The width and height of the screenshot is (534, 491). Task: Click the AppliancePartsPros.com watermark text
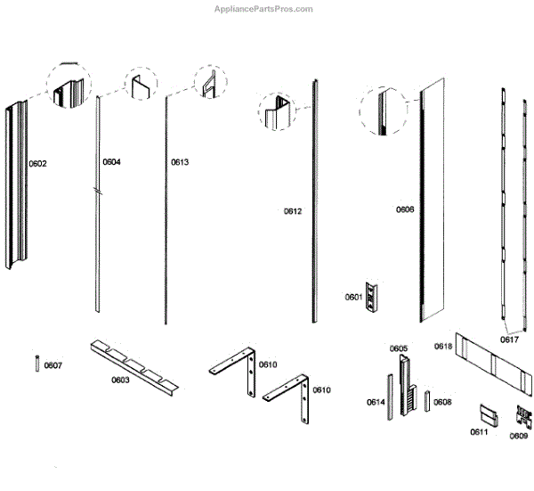coord(264,9)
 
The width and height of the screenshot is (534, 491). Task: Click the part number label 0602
coord(37,163)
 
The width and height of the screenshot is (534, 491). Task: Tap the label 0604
coord(111,162)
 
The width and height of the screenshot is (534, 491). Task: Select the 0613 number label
coord(180,162)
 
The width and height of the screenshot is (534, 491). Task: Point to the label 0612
coord(293,211)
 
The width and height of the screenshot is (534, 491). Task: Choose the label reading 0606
coord(405,209)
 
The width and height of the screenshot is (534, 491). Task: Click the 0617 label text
coord(509,340)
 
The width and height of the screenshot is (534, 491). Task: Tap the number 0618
coord(443,346)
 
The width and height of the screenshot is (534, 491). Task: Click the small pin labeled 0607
coord(37,365)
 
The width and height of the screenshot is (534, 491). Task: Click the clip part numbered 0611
coord(488,414)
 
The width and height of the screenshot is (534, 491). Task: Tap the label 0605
coord(398,348)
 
